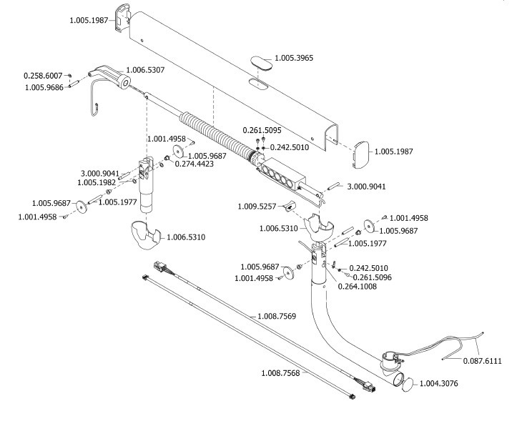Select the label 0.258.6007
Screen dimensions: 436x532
click(43, 75)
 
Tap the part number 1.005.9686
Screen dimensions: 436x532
click(43, 87)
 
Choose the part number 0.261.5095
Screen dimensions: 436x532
click(262, 130)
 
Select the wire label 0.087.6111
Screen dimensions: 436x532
click(483, 362)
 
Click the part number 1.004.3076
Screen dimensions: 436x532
click(440, 383)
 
